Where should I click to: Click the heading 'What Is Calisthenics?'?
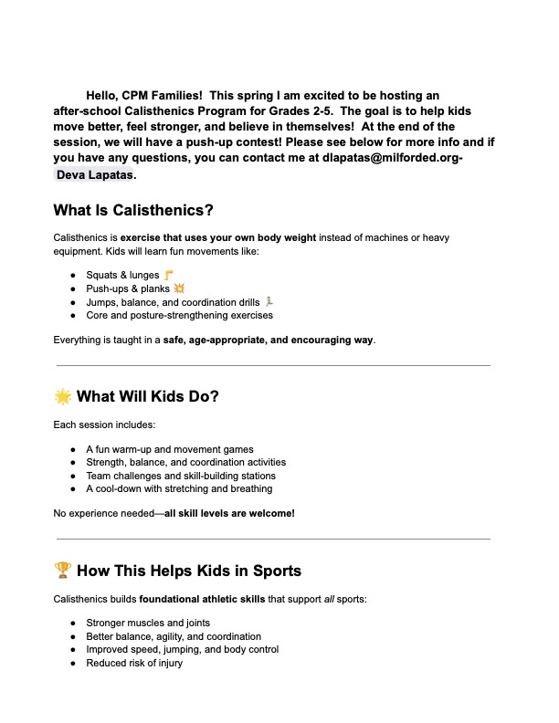(133, 211)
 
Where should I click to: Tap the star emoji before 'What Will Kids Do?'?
(62, 396)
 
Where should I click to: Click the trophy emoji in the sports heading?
(62, 571)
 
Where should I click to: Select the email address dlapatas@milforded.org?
(391, 158)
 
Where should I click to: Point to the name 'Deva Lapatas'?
(95, 174)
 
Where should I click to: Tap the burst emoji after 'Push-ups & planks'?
(179, 288)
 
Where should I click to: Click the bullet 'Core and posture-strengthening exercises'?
(179, 315)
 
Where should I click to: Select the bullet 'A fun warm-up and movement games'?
(170, 449)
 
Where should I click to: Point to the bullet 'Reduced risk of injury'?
(134, 663)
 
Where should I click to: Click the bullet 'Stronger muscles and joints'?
(146, 623)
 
